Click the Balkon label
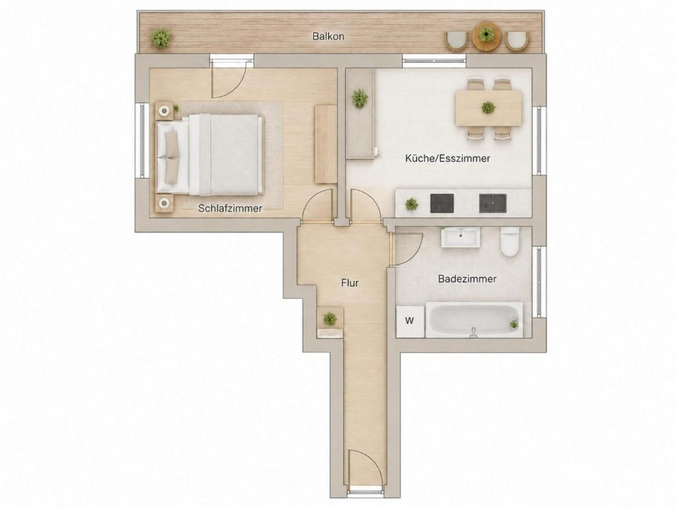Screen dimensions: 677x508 (x=328, y=36)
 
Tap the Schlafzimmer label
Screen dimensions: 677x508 (x=230, y=208)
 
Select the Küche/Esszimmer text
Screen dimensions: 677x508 (x=448, y=159)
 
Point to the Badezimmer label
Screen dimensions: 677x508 (x=467, y=279)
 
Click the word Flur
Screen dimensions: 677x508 (x=350, y=283)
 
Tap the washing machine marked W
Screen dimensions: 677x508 (x=410, y=321)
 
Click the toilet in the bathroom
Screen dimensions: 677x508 (x=510, y=242)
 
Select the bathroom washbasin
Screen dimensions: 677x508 (x=460, y=237)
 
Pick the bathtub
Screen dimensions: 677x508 (x=474, y=319)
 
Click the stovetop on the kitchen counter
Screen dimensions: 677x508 (x=442, y=204)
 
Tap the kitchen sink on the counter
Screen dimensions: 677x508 (x=493, y=204)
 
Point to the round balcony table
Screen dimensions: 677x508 (x=487, y=34)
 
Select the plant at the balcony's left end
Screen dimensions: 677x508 (x=161, y=38)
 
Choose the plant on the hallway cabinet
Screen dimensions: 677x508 (x=330, y=319)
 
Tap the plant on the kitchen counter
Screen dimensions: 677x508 (x=411, y=204)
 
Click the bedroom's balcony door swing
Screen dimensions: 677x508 (x=228, y=79)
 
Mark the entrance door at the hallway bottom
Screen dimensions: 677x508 (x=365, y=468)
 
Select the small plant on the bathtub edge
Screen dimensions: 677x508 (x=514, y=323)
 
